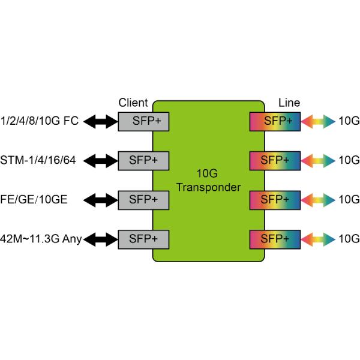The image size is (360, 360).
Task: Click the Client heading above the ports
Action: click(x=134, y=103)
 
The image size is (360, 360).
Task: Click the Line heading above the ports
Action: click(x=290, y=103)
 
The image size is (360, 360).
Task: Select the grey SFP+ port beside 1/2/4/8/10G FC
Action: click(x=143, y=122)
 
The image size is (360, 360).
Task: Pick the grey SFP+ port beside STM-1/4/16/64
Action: click(x=143, y=160)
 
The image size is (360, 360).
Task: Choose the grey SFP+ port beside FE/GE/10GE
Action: click(x=143, y=199)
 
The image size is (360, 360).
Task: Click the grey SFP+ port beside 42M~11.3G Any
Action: click(x=143, y=238)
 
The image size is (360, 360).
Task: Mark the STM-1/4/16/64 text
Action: click(x=40, y=160)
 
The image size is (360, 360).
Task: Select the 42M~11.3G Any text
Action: click(x=41, y=239)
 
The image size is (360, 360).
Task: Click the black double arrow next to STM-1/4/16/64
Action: click(x=101, y=160)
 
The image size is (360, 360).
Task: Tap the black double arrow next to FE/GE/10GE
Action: click(x=101, y=199)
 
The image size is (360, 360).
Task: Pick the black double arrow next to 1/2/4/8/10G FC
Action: click(x=101, y=122)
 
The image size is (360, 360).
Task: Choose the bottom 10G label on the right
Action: click(x=349, y=239)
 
